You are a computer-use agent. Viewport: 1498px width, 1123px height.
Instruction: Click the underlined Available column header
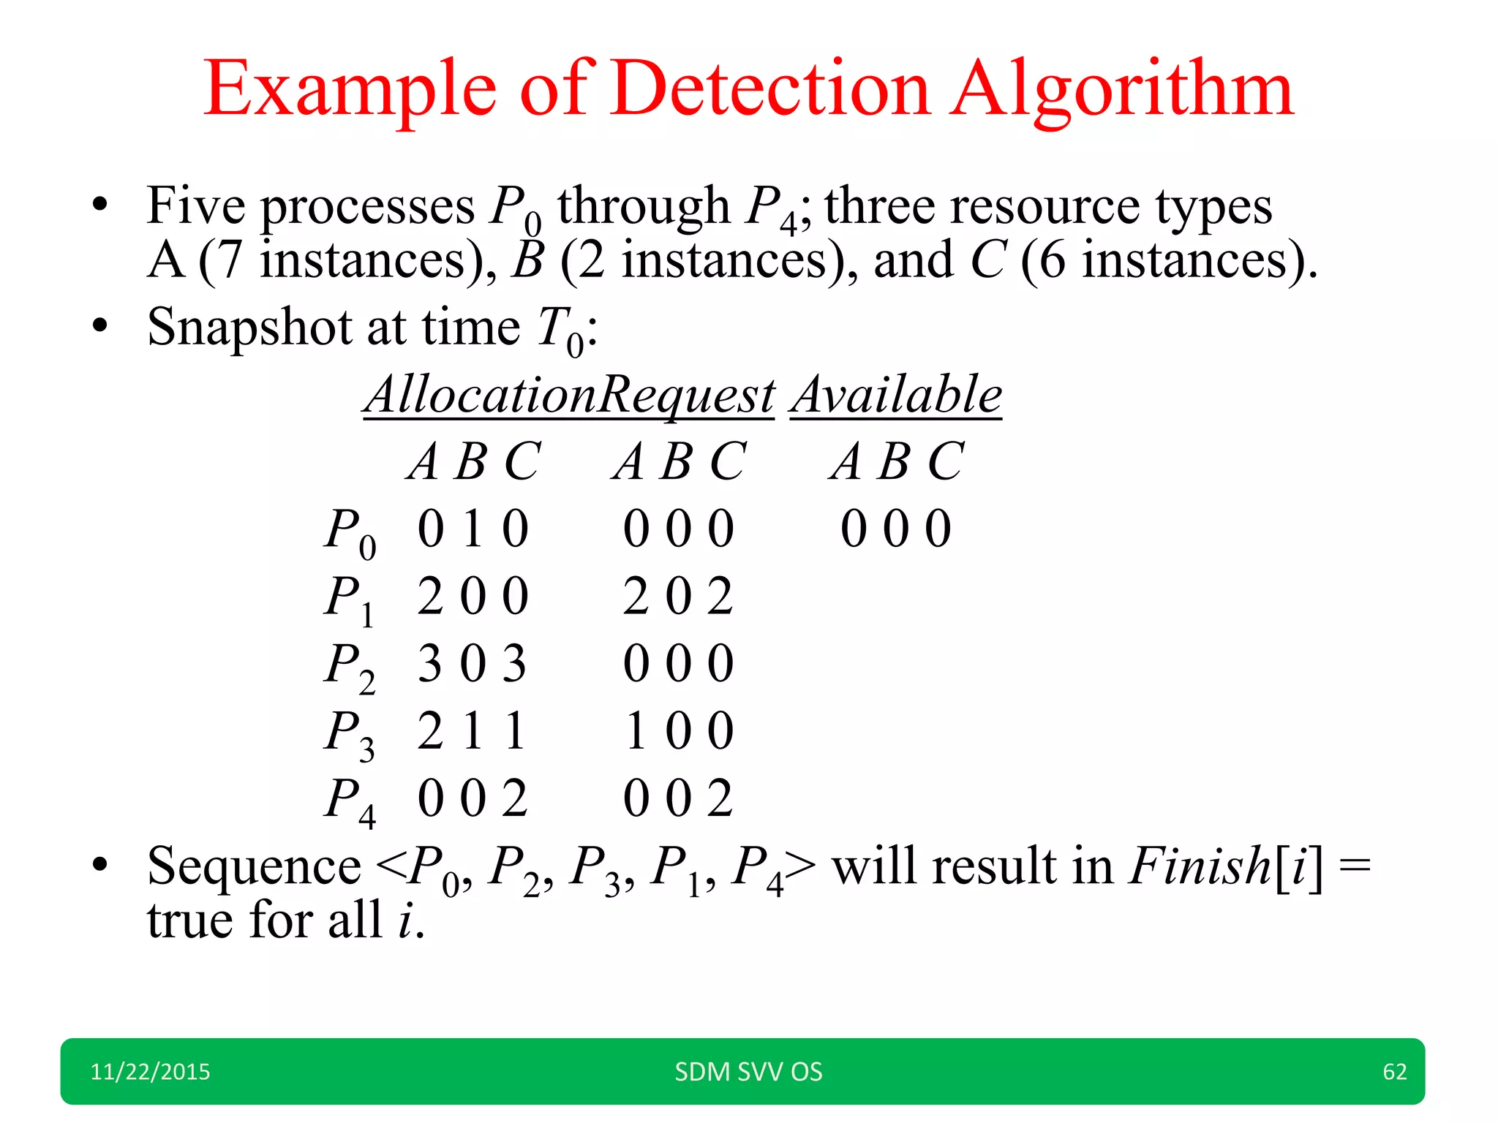point(897,395)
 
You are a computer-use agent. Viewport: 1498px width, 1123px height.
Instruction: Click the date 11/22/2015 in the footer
point(150,1072)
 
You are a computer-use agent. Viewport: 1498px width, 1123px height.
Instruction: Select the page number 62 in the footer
point(1394,1072)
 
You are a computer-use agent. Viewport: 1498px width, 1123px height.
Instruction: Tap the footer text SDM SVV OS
point(748,1072)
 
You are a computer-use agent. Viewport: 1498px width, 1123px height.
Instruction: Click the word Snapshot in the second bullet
point(249,328)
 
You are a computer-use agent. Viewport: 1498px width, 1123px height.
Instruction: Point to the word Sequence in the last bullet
point(254,866)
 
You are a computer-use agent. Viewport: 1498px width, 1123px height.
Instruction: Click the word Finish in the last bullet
point(1200,866)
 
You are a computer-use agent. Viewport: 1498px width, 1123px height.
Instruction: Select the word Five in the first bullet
point(195,206)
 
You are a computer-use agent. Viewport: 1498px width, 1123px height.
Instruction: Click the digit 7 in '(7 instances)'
point(229,261)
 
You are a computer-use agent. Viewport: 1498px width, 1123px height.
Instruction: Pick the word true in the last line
point(190,920)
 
